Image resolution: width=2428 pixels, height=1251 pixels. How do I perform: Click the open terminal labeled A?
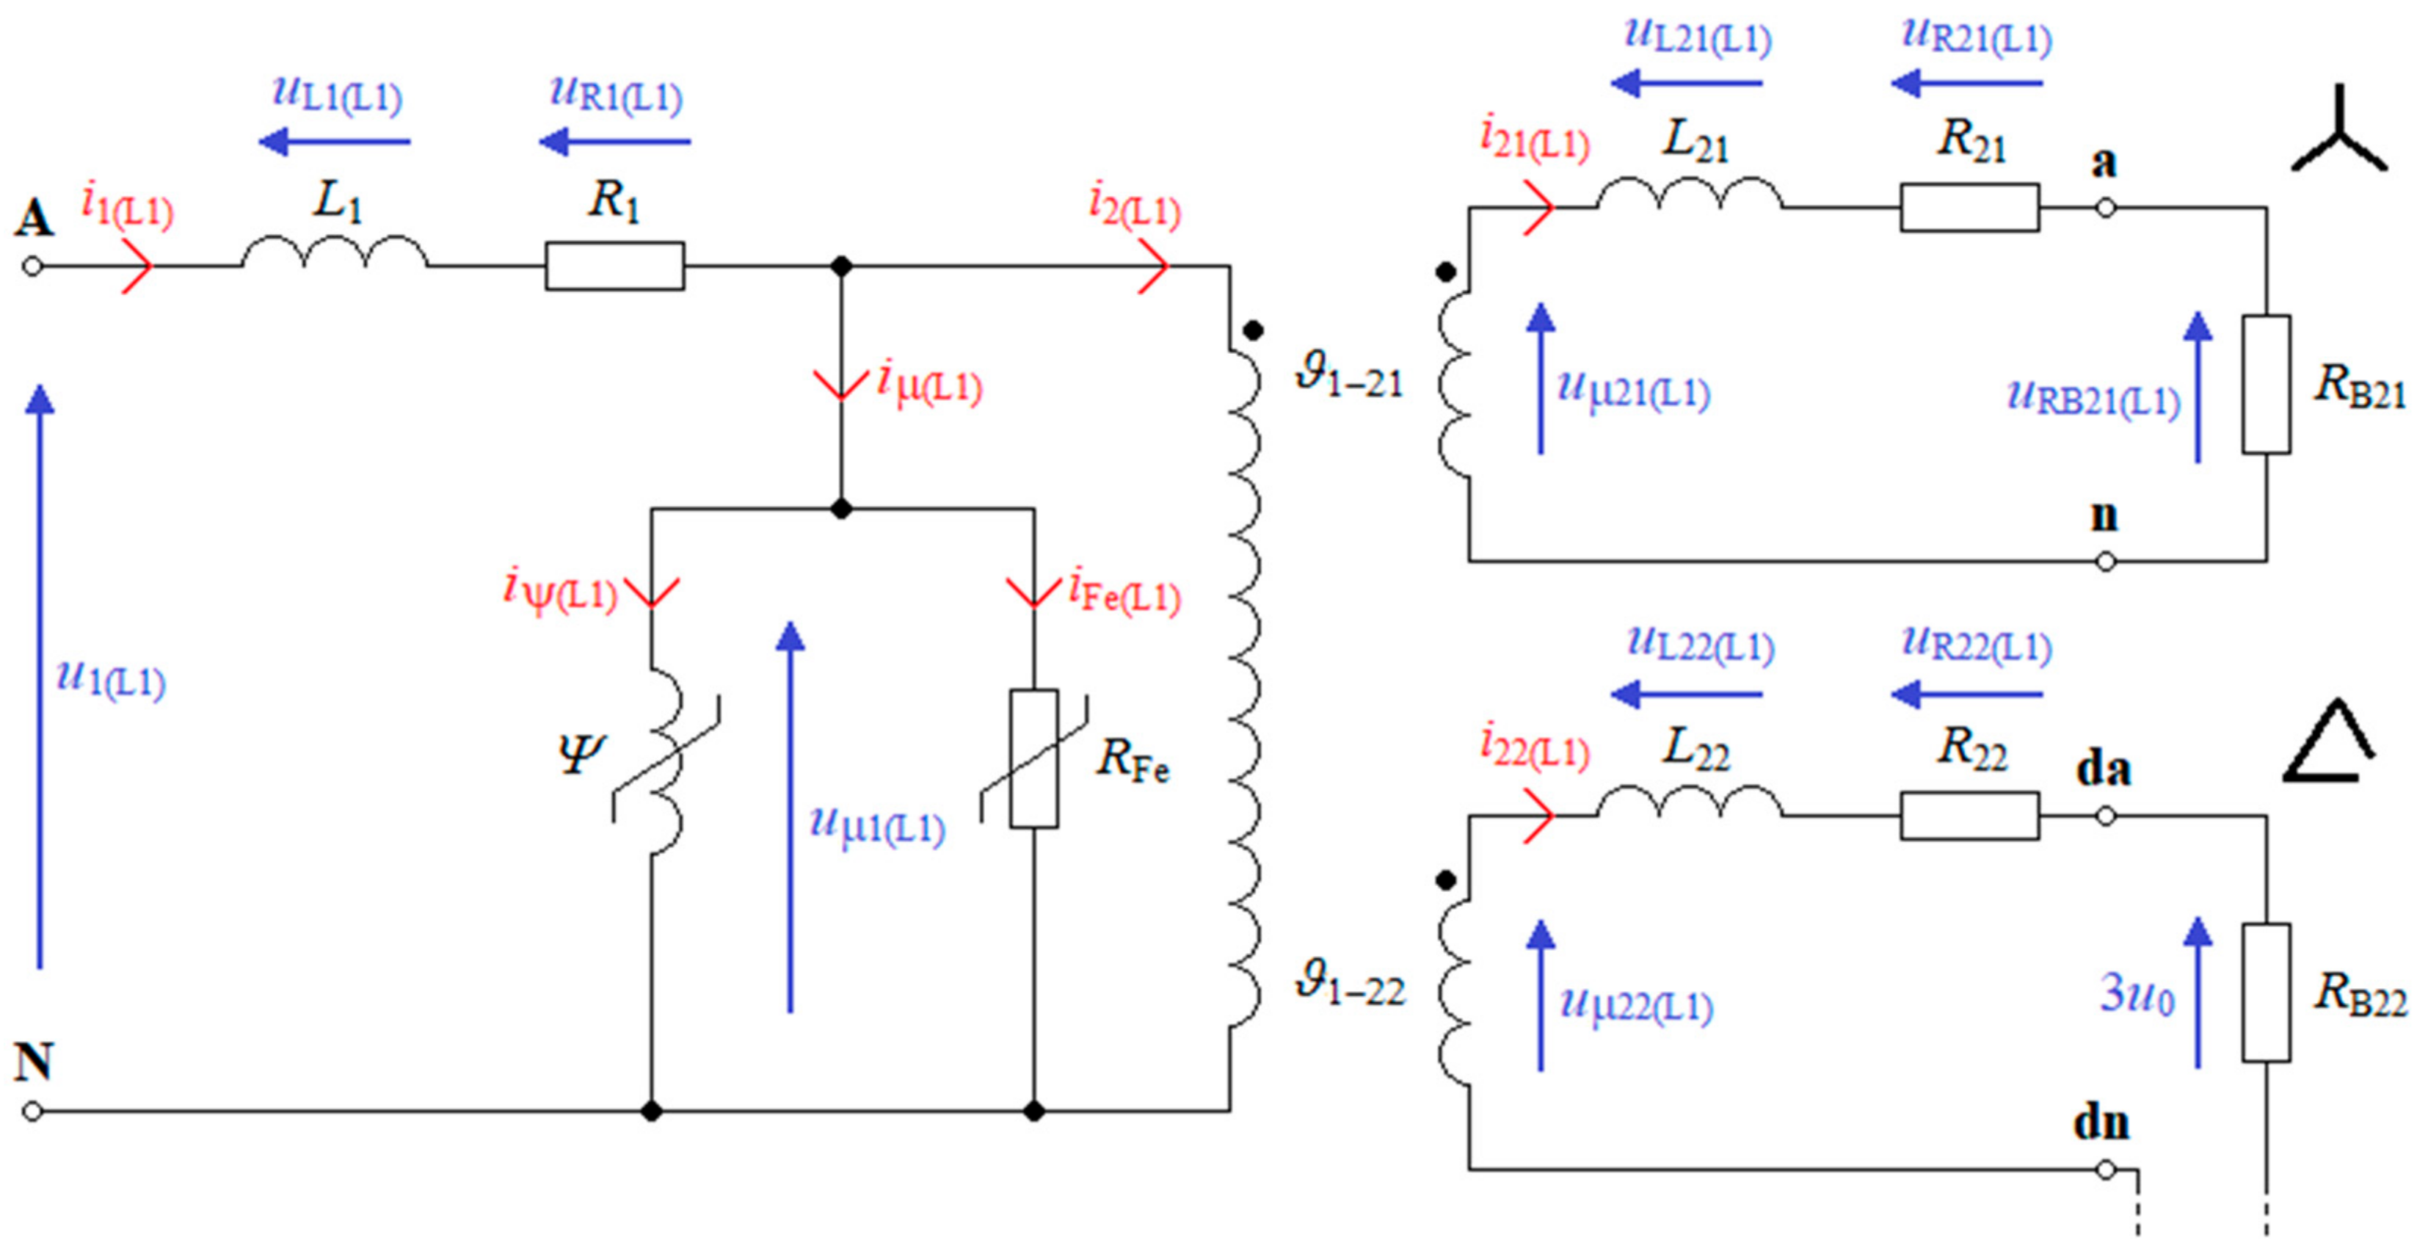[32, 266]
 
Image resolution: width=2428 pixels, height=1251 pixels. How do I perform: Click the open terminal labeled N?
[32, 1112]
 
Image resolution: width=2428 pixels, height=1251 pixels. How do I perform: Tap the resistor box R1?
[614, 266]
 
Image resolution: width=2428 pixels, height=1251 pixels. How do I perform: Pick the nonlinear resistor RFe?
[1034, 760]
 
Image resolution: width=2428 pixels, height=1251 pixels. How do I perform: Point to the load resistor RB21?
[2266, 385]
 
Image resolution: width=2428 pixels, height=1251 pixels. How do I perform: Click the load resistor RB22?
[2266, 993]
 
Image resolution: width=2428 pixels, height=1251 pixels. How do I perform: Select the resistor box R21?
[1970, 208]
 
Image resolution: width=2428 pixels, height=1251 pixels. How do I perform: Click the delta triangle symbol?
[2327, 744]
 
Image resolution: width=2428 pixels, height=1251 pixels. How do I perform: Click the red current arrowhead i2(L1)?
[1155, 266]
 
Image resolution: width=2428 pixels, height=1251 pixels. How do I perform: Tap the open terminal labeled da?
[2106, 816]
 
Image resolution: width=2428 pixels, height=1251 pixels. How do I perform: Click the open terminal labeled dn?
[2106, 1170]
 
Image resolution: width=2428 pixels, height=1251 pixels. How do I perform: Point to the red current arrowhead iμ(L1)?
[840, 385]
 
